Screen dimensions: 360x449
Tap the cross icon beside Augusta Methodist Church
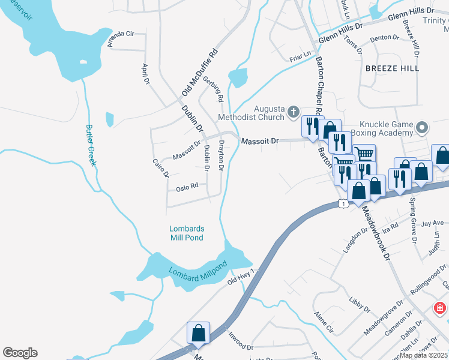293,111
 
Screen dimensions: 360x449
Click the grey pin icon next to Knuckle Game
422,127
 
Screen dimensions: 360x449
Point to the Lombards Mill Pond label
186,233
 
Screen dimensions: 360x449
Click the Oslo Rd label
187,188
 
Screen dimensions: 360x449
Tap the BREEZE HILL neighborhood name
392,69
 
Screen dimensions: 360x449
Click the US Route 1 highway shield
343,204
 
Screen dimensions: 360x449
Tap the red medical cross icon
440,308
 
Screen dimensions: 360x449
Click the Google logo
20,353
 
